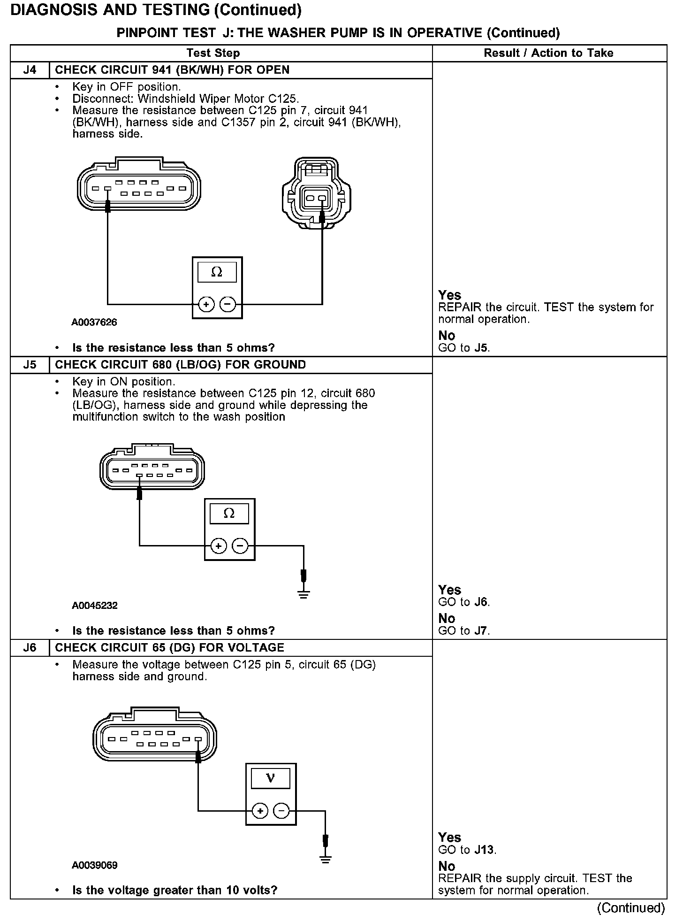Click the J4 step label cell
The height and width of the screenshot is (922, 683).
30,70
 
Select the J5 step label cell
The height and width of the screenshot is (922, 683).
30,365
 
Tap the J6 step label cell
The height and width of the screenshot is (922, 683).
30,648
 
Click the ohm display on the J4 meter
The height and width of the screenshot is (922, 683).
217,272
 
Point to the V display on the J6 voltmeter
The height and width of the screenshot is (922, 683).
271,779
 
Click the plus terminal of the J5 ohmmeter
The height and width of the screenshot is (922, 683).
219,546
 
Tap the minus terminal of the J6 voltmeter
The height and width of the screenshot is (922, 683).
281,811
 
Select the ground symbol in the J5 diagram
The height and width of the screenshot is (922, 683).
304,594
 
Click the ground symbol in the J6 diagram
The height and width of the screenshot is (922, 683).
326,859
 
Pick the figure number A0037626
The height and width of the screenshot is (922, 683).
94,323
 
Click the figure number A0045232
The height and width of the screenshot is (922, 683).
94,606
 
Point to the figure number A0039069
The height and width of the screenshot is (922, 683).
94,865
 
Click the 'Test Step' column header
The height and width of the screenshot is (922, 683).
213,53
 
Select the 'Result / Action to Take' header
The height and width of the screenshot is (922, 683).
548,53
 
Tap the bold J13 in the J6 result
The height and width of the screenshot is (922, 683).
485,850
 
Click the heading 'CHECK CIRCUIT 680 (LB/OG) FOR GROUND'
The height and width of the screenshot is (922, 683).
180,365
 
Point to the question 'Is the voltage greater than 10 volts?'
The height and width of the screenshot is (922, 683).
175,890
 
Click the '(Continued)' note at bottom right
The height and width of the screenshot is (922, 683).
630,908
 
